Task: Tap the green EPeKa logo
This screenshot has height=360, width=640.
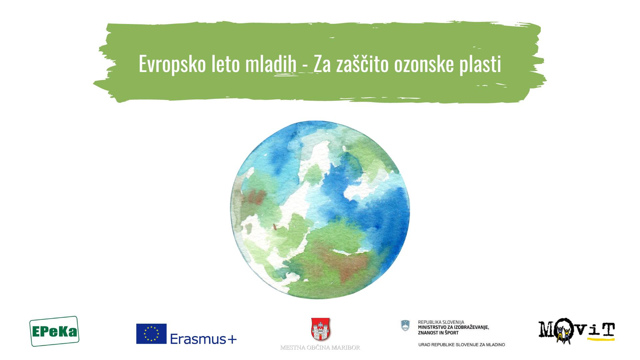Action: click(54, 331)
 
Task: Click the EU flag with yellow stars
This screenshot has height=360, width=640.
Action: click(151, 334)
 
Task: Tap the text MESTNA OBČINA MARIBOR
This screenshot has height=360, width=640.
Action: click(320, 348)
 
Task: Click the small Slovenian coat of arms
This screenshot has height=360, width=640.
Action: click(405, 326)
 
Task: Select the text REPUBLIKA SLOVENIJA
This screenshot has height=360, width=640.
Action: click(441, 322)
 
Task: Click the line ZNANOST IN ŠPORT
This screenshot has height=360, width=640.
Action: click(438, 333)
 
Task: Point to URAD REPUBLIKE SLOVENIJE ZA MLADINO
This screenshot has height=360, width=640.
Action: click(462, 345)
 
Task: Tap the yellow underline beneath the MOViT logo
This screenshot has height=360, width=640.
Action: click(601, 339)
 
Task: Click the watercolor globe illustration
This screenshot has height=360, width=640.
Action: click(320, 210)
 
